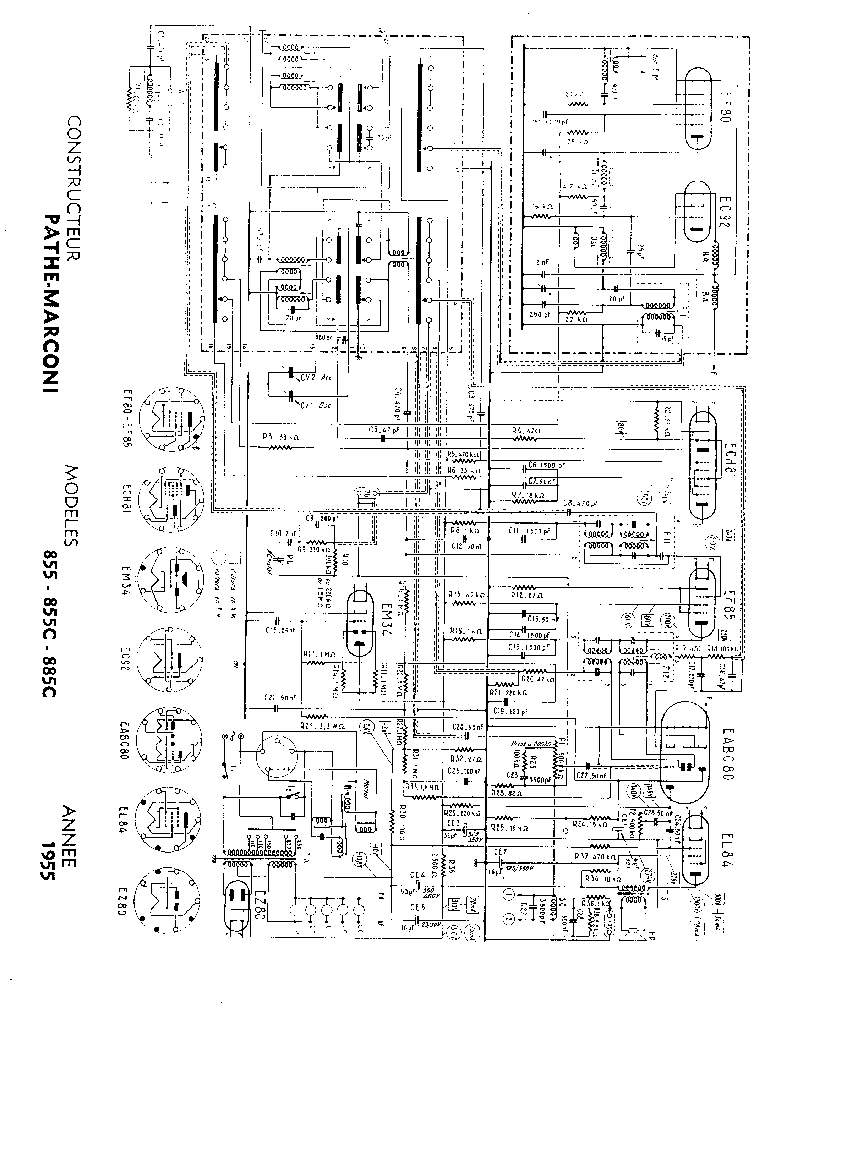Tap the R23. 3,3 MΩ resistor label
click(322, 726)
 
